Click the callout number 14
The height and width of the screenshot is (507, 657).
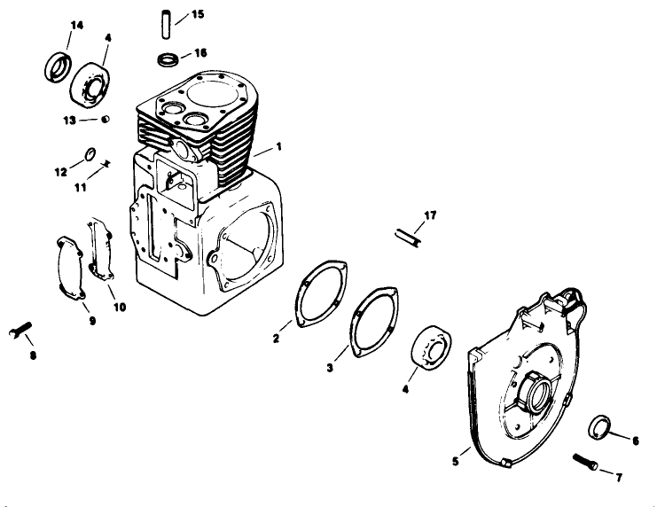[76, 25]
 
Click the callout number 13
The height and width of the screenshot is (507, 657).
[68, 119]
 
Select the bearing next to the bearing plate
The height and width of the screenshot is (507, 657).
[434, 347]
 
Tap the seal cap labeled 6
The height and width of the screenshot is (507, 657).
[600, 425]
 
